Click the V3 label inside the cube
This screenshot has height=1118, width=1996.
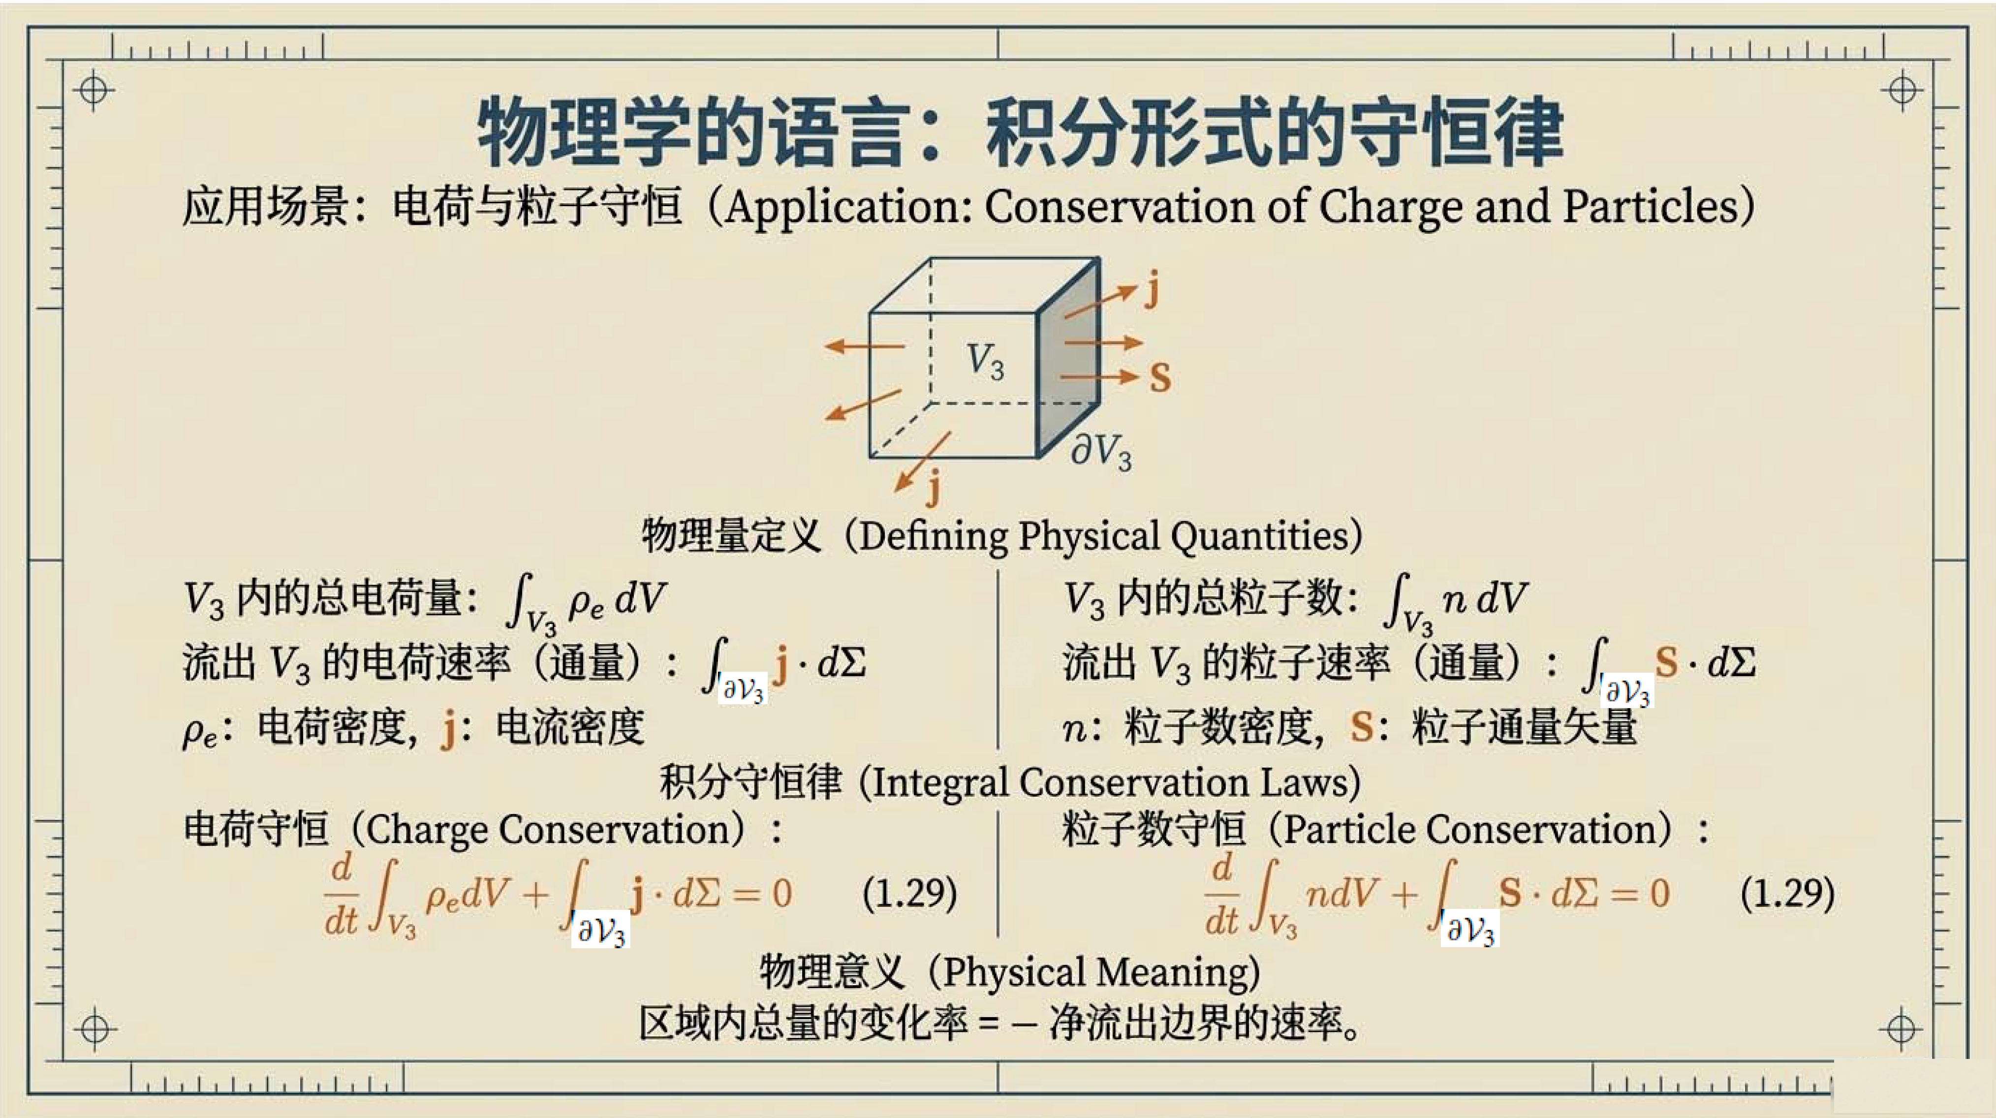tap(985, 362)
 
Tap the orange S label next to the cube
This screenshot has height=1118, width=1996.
tap(1160, 378)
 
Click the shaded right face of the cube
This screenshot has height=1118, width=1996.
tap(1068, 357)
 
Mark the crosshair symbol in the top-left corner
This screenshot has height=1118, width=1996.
tap(94, 90)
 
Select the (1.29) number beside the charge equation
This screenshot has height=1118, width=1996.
tap(910, 893)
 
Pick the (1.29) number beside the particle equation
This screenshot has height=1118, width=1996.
tap(1787, 893)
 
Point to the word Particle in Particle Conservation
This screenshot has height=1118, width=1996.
tap(1349, 830)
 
